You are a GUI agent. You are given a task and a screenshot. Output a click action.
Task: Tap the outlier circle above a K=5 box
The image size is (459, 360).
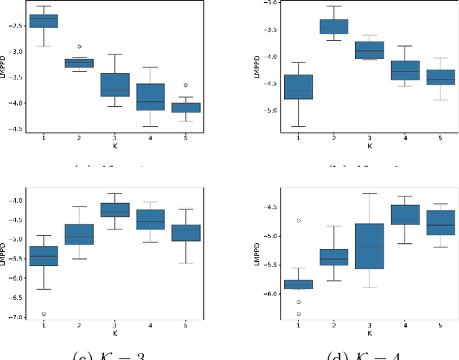pos(186,85)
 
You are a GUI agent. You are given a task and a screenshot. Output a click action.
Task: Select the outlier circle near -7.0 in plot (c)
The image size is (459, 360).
pos(44,313)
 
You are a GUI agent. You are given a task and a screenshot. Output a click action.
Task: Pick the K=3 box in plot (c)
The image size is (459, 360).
pos(115,209)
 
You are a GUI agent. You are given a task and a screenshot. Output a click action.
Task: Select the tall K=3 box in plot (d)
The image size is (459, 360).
pos(370,246)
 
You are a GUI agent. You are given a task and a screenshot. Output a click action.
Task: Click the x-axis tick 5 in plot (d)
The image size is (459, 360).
pos(440,325)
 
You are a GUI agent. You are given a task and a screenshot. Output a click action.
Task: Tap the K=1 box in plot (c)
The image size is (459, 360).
pos(44,257)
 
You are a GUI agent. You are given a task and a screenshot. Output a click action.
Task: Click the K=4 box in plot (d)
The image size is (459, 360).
pos(405,214)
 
